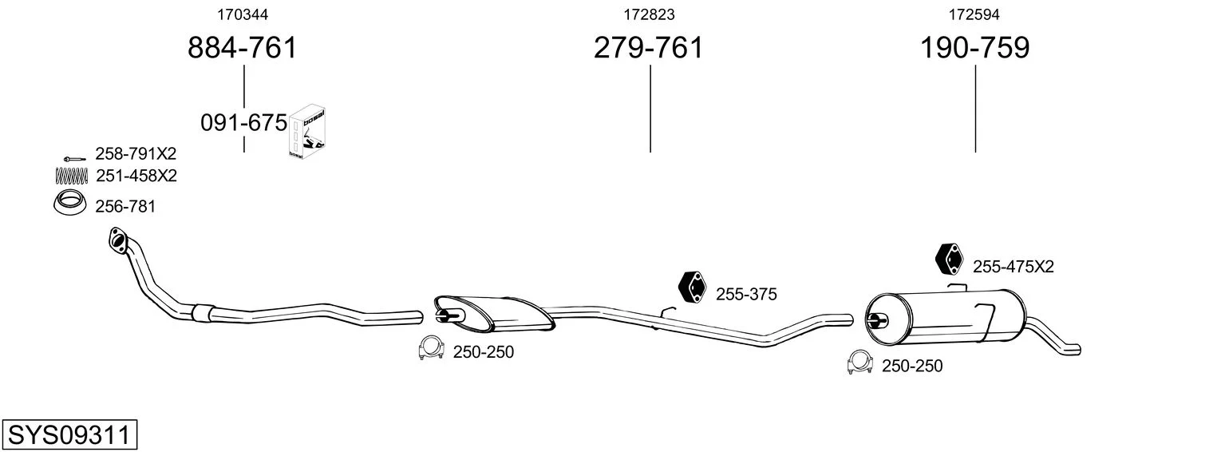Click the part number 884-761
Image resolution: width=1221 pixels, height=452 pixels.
[x=243, y=48]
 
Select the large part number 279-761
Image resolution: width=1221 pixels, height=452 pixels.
[x=649, y=48]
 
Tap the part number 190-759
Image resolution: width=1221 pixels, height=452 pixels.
[x=975, y=48]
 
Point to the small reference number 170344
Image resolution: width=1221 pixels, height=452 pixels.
[x=243, y=14]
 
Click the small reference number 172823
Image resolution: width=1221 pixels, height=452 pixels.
[x=649, y=14]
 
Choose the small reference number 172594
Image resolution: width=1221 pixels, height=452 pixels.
[x=974, y=14]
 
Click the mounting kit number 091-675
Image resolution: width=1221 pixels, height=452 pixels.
[x=243, y=123]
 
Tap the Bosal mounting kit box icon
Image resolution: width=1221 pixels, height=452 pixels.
[x=307, y=132]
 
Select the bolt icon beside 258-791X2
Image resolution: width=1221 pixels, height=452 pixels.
[x=74, y=159]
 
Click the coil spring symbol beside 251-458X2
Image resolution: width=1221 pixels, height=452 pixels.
[x=71, y=176]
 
